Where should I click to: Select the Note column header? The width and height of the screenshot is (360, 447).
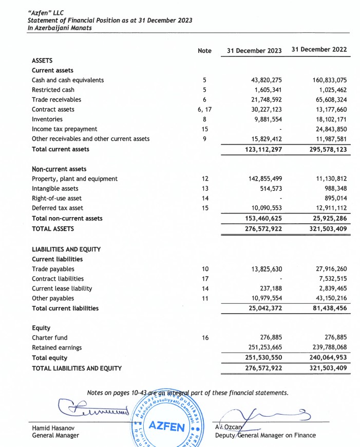point(204,50)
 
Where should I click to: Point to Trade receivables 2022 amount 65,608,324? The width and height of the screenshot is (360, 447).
point(330,100)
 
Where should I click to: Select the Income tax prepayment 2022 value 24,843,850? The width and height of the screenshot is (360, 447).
point(330,129)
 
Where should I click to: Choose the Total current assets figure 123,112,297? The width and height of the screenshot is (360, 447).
point(260,149)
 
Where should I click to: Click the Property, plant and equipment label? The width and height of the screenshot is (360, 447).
point(74,179)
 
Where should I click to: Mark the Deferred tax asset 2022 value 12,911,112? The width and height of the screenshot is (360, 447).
point(330,208)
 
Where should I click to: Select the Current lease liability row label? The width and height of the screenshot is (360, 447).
point(62,288)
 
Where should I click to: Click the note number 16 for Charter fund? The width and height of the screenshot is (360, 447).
point(204,338)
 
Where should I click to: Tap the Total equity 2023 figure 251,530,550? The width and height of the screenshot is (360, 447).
point(260,358)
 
